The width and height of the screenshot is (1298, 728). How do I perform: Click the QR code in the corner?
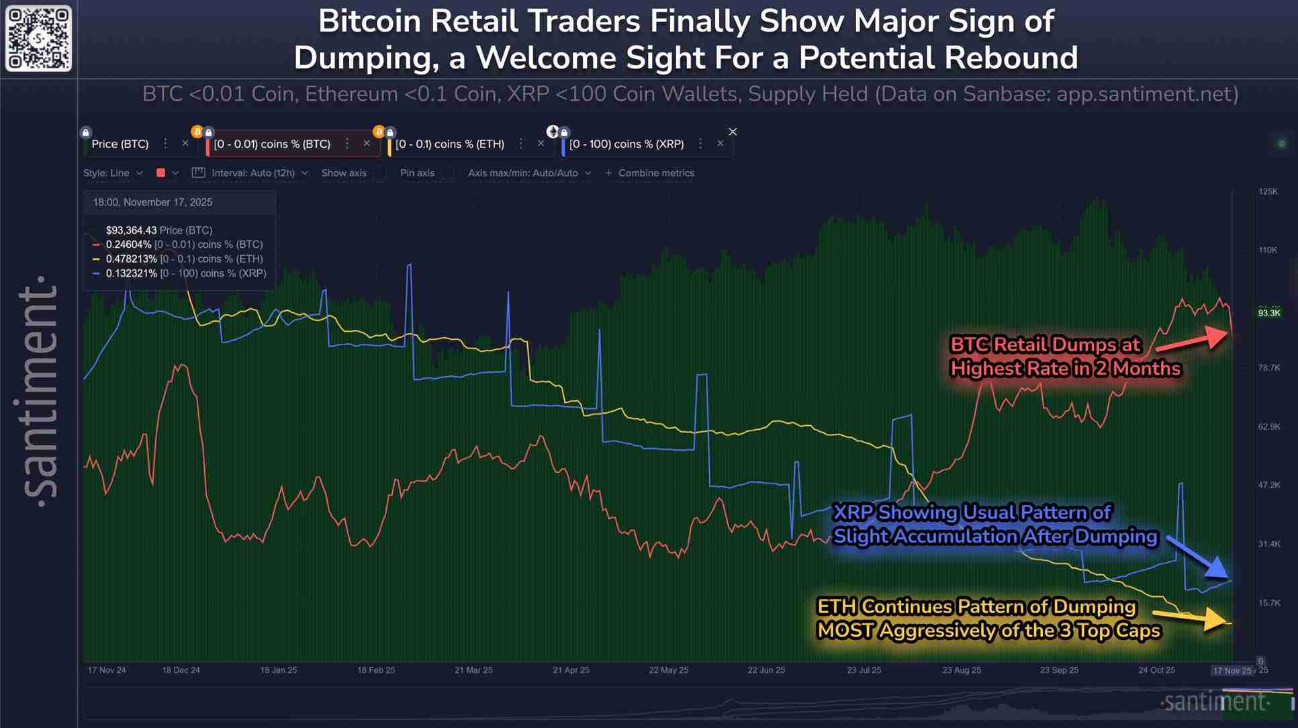click(x=38, y=38)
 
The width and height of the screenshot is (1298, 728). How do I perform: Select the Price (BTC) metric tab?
click(x=120, y=144)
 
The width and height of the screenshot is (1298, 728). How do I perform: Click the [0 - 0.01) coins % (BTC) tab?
click(x=272, y=144)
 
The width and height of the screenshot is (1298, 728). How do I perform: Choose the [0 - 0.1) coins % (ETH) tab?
click(x=450, y=144)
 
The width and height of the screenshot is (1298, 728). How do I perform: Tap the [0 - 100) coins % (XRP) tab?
click(x=627, y=144)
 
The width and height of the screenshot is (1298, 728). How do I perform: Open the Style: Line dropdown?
click(x=113, y=173)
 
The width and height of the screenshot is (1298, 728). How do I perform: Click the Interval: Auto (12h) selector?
click(x=252, y=173)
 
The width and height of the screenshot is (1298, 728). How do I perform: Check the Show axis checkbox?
click(x=381, y=173)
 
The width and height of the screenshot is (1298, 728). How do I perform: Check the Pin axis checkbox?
click(x=447, y=173)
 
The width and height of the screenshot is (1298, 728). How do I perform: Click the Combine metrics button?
click(x=650, y=173)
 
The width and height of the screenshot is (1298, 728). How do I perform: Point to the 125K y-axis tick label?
click(x=1268, y=191)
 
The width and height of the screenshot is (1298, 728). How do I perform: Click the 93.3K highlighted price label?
click(x=1268, y=313)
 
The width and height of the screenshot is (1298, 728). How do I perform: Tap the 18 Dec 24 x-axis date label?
click(x=181, y=670)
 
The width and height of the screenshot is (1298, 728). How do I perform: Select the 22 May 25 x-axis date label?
click(x=668, y=670)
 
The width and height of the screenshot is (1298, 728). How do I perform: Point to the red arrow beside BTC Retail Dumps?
click(x=1192, y=338)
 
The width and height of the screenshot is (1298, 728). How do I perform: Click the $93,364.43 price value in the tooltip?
click(x=131, y=230)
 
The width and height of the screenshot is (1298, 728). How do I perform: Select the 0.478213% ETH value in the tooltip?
click(x=131, y=259)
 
